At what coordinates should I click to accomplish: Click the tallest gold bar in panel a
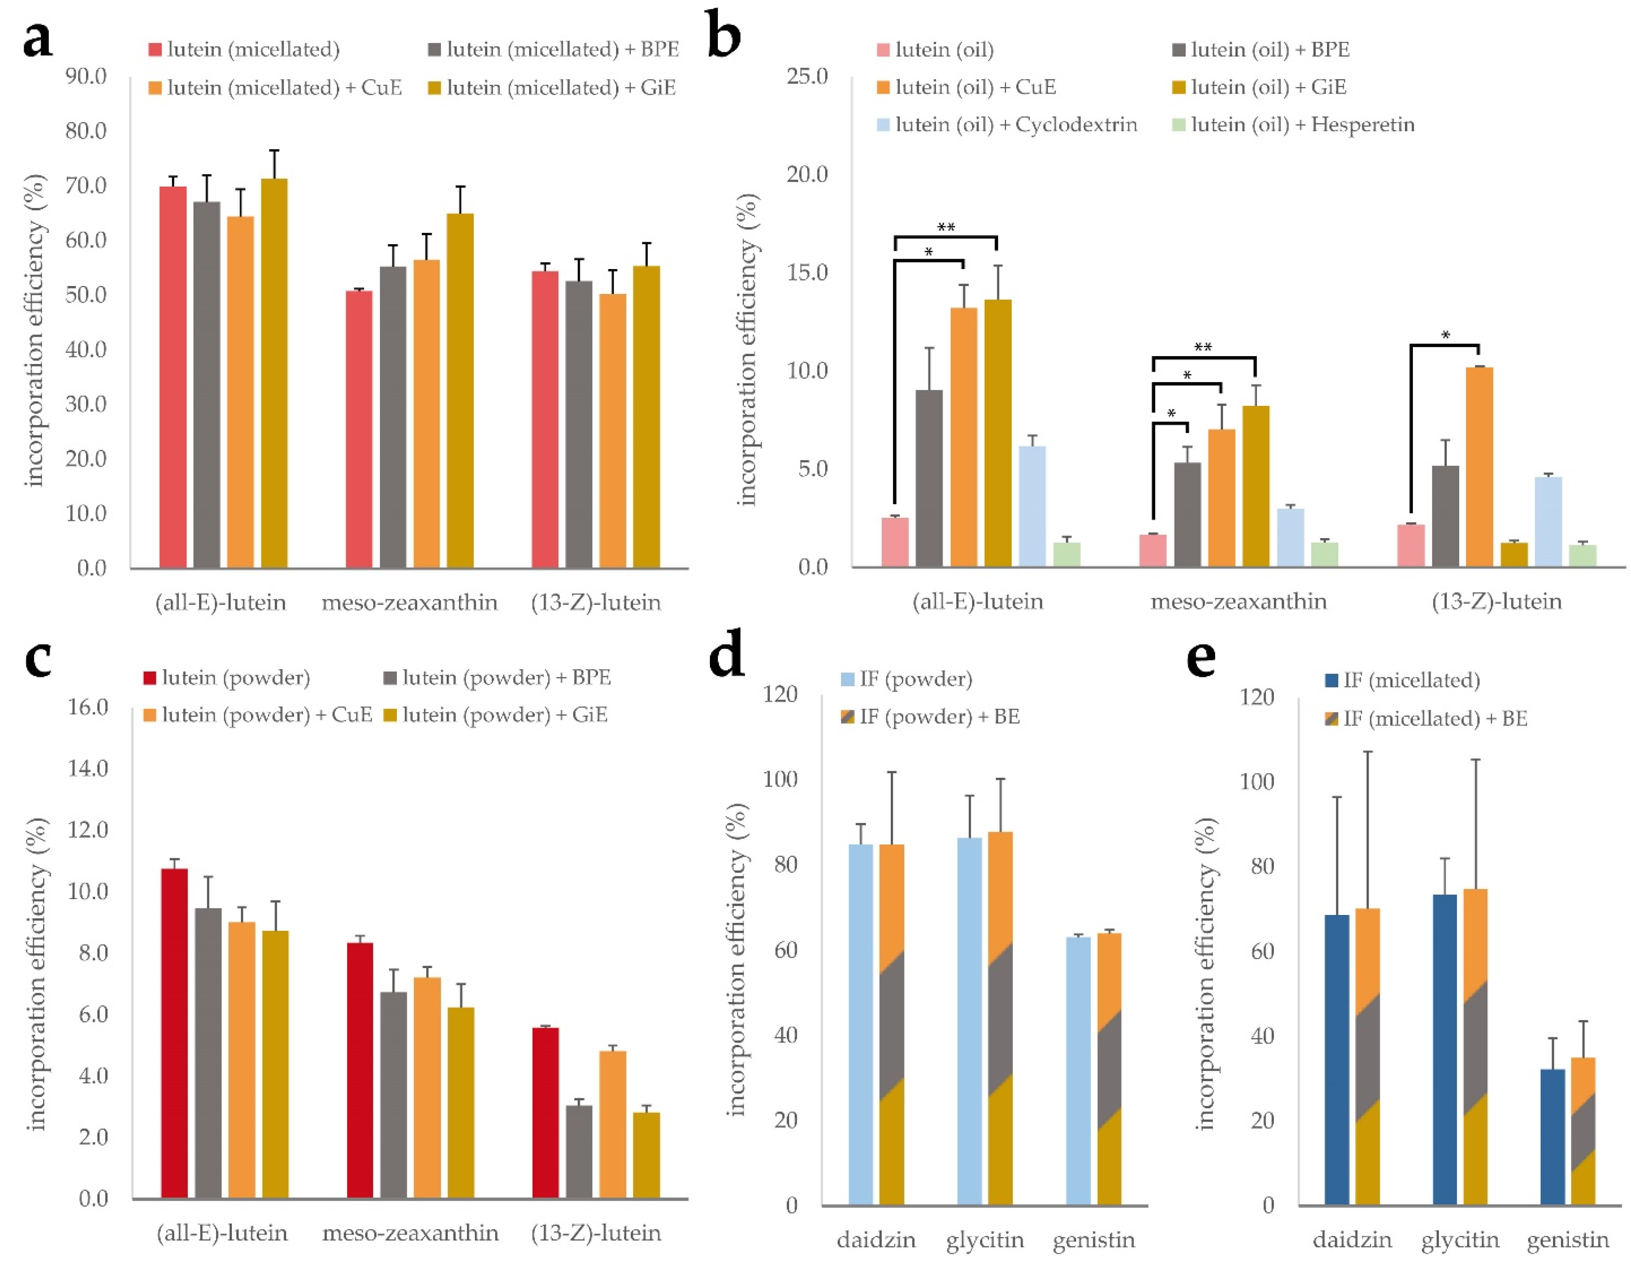pyautogui.click(x=274, y=374)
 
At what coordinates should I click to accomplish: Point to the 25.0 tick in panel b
pyautogui.click(x=807, y=76)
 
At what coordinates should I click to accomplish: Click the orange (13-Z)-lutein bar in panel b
pyautogui.click(x=1479, y=467)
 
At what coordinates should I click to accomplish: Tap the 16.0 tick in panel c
pyautogui.click(x=88, y=706)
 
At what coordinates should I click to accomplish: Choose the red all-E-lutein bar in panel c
pyautogui.click(x=175, y=1034)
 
